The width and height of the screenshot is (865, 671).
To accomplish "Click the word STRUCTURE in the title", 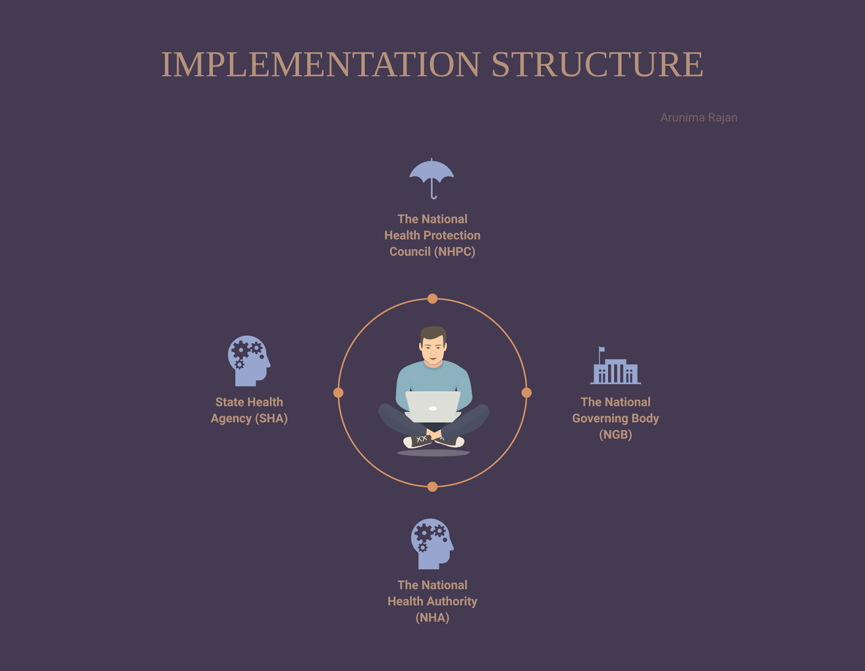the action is pos(597,65).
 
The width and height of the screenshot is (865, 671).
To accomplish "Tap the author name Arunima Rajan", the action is pos(698,118).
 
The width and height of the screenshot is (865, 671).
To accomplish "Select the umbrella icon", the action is pos(431,177).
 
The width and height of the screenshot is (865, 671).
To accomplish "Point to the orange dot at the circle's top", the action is pos(432,299).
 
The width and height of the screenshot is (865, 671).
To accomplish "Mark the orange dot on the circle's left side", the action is pos(338,393).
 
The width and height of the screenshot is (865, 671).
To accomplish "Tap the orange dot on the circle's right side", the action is pos(527,393).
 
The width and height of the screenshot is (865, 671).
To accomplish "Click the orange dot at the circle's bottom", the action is pos(432,487).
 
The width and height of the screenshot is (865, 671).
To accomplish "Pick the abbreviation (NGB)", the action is pos(615,435).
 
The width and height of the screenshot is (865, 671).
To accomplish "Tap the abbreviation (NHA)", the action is pos(432,618).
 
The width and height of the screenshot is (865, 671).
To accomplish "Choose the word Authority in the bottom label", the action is pos(452,602).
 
